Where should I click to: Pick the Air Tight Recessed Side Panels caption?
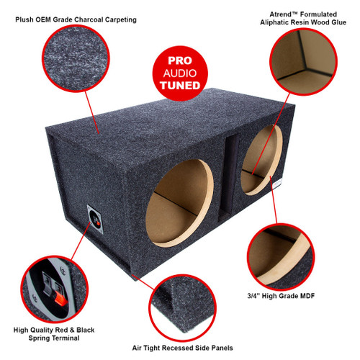click(179, 348)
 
